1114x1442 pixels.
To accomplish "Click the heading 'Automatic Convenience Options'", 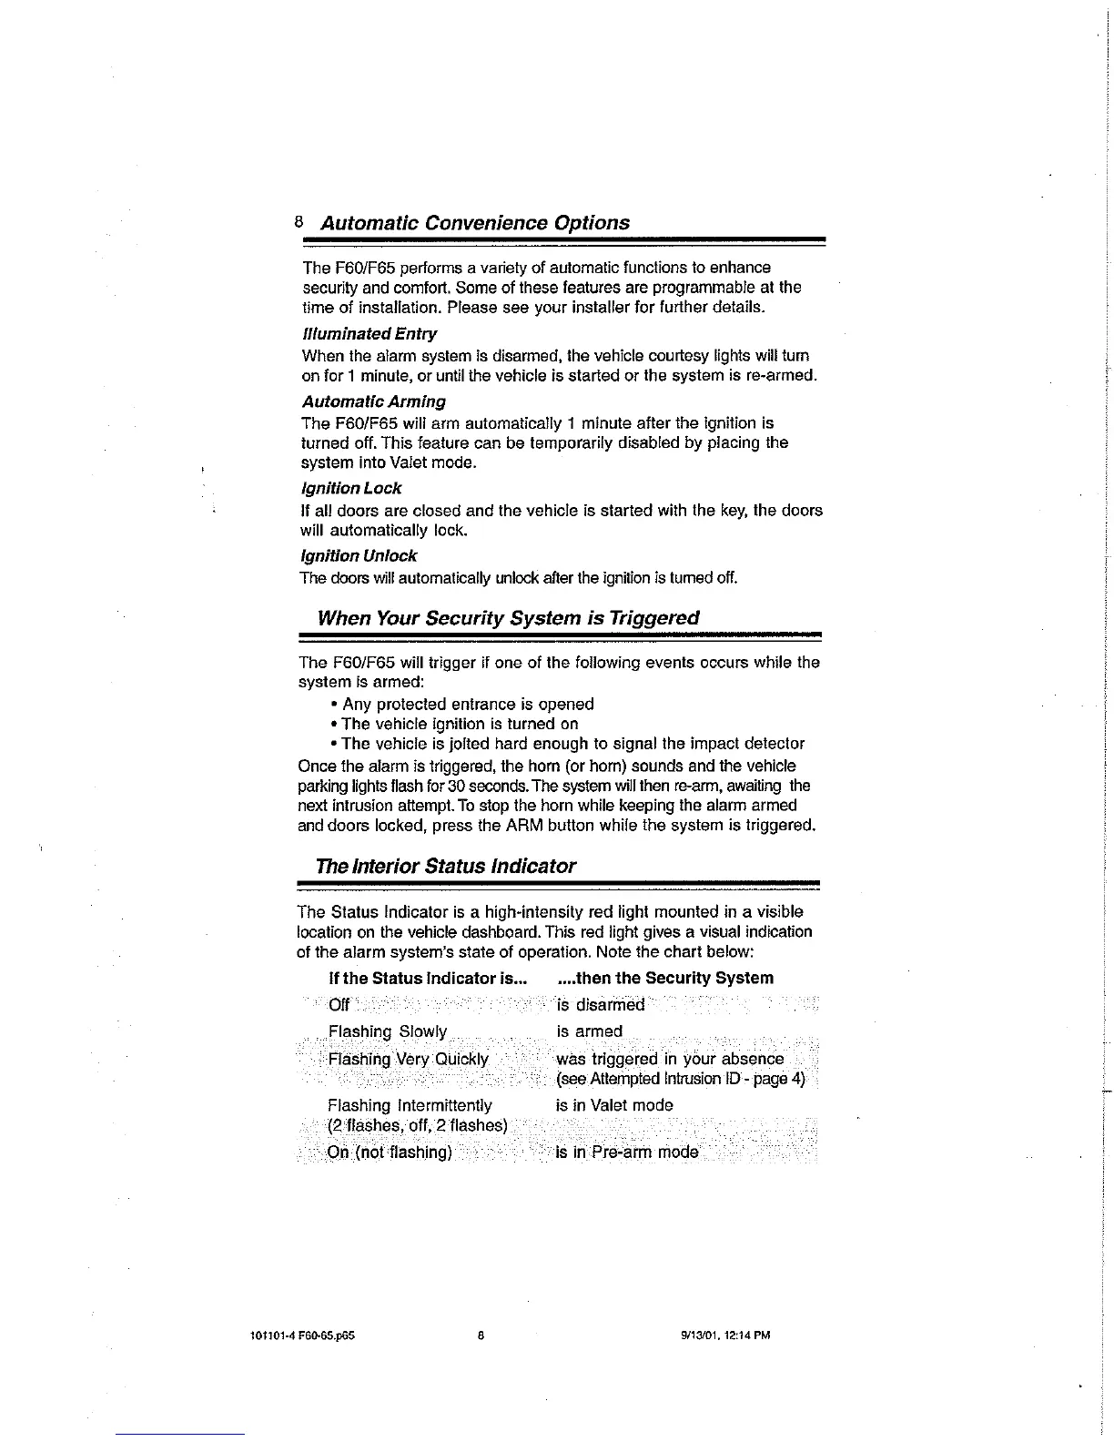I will [x=475, y=223].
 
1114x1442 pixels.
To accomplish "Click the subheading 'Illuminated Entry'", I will [x=370, y=334].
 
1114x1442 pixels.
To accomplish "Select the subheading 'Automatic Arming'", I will [x=373, y=401].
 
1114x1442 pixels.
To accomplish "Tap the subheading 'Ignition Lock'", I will [x=350, y=489].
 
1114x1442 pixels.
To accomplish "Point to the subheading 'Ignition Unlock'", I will [x=359, y=556].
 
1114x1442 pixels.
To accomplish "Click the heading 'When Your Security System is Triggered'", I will [x=508, y=618].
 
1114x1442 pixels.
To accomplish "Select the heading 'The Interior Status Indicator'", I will [x=445, y=866].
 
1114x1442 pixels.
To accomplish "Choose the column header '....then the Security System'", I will [x=664, y=979].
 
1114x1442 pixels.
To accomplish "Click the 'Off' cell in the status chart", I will [x=339, y=1005].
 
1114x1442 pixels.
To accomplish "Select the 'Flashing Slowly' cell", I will [x=388, y=1031].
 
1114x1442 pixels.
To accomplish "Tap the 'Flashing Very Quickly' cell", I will [x=408, y=1059].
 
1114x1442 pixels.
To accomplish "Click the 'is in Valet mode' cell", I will [x=614, y=1105].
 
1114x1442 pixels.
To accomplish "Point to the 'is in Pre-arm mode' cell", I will [x=627, y=1153].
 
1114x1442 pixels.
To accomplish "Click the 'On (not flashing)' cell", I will [x=390, y=1153].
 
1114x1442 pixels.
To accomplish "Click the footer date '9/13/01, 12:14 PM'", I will [x=725, y=1336].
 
